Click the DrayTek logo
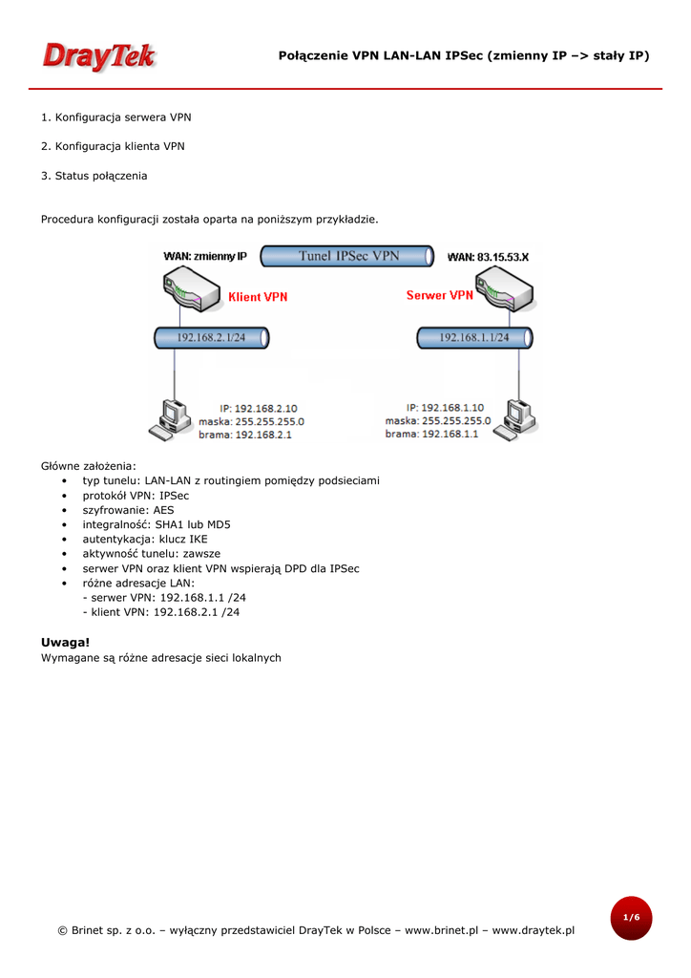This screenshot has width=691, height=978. point(98,56)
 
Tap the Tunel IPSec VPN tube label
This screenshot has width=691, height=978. point(349,256)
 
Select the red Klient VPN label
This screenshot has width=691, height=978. point(258,297)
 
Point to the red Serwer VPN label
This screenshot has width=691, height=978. point(439,296)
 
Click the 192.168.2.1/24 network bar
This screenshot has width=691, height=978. point(211,337)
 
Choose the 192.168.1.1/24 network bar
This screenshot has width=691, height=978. point(474,337)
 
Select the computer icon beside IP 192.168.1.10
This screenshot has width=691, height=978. point(516,416)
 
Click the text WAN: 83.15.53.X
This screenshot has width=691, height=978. point(489,257)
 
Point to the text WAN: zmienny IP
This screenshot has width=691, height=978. point(205,257)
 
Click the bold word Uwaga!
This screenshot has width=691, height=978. point(65,642)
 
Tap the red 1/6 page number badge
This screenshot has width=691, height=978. point(631,918)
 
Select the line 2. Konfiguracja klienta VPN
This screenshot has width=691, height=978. point(113,146)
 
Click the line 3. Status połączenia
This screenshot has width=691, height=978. point(94,176)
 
